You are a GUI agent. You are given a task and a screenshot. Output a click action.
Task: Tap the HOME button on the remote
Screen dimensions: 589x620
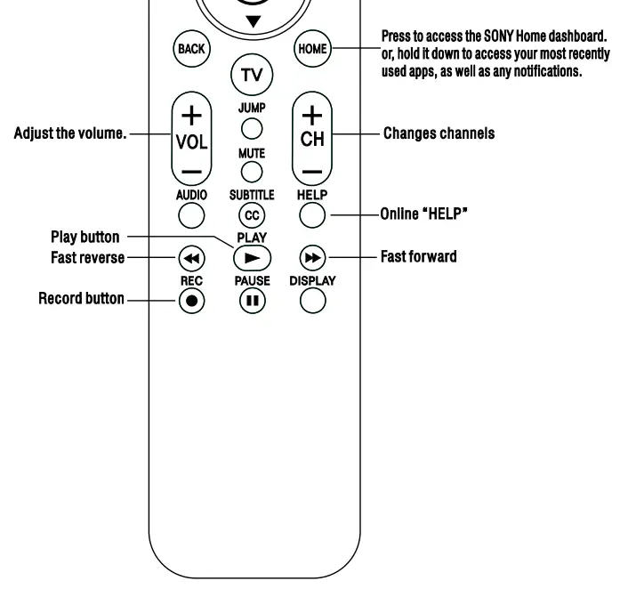pos(312,49)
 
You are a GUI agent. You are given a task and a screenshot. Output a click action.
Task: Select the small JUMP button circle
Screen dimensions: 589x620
pos(252,128)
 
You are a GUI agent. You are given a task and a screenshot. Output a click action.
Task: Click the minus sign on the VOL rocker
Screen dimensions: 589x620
pos(192,170)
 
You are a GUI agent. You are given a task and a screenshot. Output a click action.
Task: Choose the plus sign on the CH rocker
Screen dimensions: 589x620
pos(312,115)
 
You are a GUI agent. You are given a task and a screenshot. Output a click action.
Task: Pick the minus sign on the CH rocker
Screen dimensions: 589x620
pos(312,170)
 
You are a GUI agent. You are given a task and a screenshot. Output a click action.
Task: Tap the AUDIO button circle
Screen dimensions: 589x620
pos(192,214)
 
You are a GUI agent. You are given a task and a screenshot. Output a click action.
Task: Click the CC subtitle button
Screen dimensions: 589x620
pos(252,214)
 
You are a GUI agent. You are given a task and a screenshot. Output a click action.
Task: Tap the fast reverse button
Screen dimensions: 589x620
pos(192,258)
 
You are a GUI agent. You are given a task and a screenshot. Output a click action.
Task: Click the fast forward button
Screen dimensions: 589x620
pos(312,258)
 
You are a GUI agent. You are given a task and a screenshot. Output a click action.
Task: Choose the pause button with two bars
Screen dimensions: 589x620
pos(252,300)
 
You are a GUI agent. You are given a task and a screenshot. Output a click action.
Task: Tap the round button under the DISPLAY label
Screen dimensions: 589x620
pos(312,300)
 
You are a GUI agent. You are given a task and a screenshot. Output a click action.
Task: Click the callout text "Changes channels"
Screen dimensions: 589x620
pos(439,134)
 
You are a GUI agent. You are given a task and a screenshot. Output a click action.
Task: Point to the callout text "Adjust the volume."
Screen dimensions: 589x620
pos(72,135)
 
